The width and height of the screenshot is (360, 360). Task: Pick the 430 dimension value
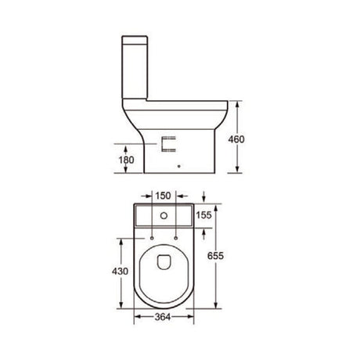click(x=110, y=271)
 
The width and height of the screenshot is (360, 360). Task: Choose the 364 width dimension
click(x=162, y=317)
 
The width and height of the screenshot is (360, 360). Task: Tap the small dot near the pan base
click(x=180, y=166)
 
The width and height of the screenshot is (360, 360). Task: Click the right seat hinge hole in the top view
click(x=178, y=236)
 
